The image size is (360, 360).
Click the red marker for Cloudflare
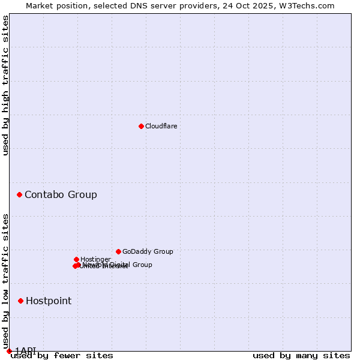coord(141,126)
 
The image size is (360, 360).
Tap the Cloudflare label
coord(161,126)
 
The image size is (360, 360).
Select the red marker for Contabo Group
coord(20,194)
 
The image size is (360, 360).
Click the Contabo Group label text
coord(61,194)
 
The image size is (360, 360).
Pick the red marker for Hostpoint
coord(20,301)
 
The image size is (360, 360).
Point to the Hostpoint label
coord(49,301)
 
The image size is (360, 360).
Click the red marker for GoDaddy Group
coord(118,251)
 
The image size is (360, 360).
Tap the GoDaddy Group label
coord(148,251)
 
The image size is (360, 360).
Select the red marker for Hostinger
coord(76,259)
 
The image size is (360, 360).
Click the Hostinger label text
coord(95,259)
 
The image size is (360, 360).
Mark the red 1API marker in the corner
coord(9,351)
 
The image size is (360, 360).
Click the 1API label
coord(25,350)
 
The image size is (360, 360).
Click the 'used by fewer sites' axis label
coord(62,355)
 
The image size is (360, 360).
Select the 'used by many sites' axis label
coord(301,355)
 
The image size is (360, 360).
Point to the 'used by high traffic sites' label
coord(6,85)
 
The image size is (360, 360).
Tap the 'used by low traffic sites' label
coord(6,277)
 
